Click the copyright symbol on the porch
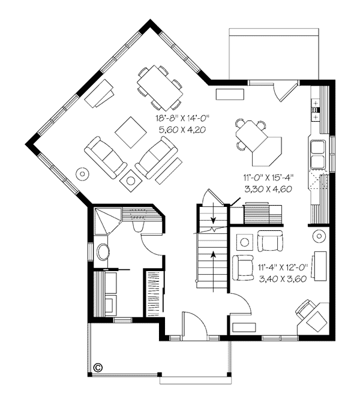98,368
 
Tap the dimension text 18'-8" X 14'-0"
182,118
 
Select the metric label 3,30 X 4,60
268,189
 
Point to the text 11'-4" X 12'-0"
283,267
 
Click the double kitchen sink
318,154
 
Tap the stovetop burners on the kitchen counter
315,110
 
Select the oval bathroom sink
103,252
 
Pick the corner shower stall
107,221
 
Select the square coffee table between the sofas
131,133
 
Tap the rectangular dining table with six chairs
160,88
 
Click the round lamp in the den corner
319,236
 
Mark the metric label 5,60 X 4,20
182,130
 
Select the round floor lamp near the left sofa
82,174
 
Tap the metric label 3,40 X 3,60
283,279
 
